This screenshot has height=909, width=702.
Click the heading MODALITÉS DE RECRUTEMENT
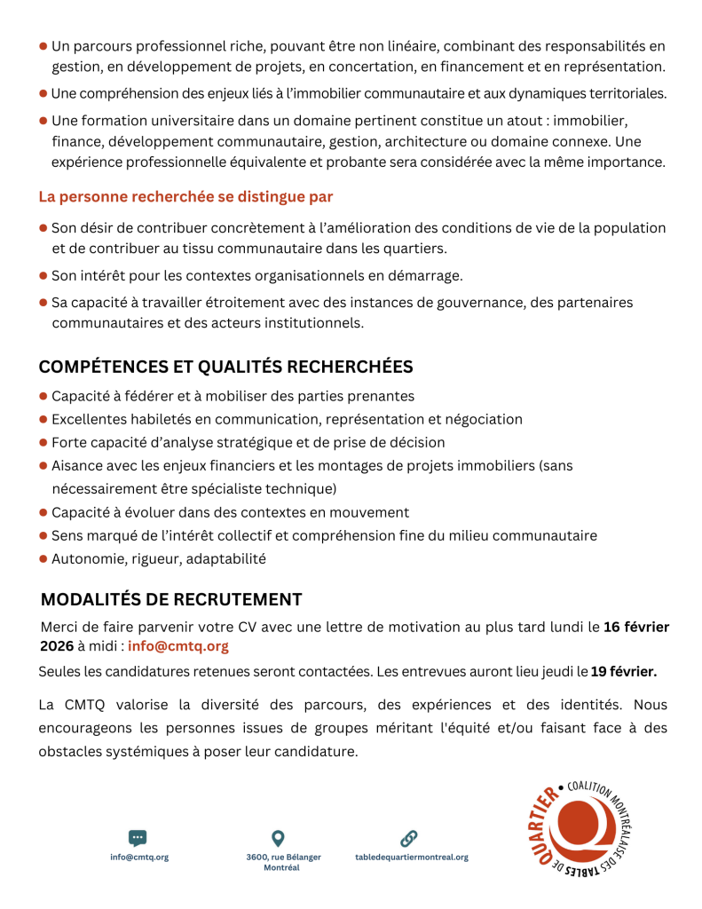171,599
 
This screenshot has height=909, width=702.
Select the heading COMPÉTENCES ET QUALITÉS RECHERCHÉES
225,367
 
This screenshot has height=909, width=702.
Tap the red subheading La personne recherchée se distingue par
185,196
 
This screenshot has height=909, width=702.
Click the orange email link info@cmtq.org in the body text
178,646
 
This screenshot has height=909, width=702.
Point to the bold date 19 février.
624,670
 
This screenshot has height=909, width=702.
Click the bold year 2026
57,646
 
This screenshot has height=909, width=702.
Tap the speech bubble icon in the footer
138,837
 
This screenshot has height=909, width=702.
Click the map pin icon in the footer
278,837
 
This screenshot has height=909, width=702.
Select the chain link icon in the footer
409,837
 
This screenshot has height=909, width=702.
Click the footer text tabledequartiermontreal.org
411,858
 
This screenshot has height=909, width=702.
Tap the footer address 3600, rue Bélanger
284,858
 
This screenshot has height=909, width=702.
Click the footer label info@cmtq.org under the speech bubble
139,858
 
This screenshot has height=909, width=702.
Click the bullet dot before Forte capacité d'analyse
43,442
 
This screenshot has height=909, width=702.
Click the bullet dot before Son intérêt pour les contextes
43,275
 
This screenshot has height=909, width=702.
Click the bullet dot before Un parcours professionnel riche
43,45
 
